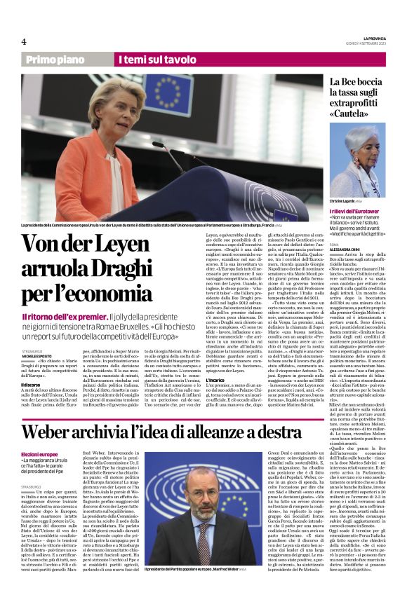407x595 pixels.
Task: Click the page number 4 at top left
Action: click(24, 41)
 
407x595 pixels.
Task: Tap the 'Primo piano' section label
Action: click(64, 60)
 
